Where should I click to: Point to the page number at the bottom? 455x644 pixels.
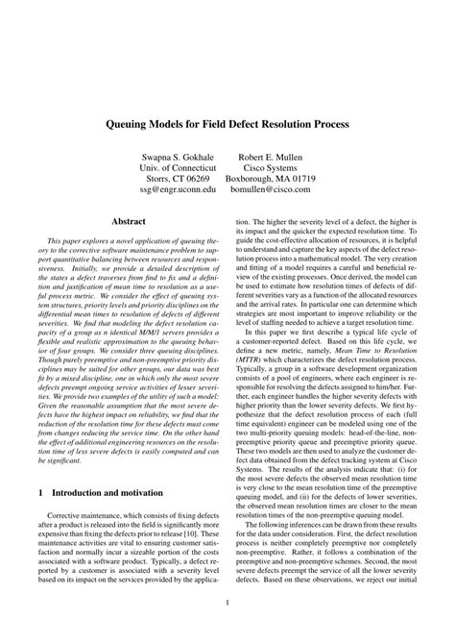227,604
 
